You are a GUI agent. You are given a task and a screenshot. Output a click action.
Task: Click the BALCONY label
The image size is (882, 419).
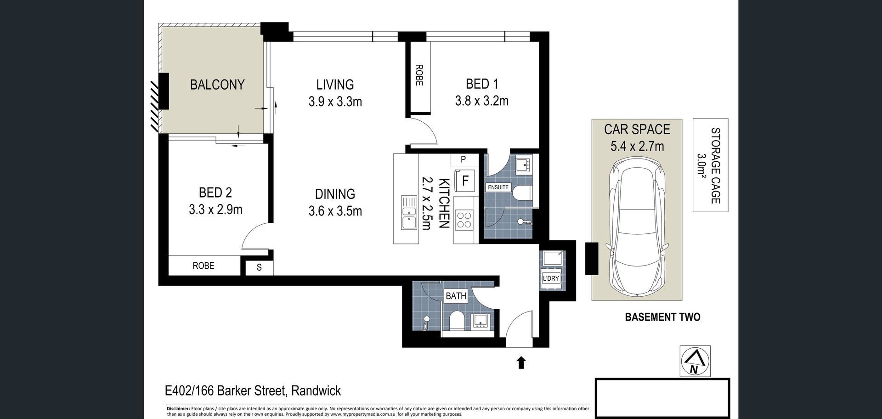point(217,85)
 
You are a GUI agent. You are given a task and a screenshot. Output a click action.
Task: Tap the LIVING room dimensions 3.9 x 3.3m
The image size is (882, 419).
point(335,101)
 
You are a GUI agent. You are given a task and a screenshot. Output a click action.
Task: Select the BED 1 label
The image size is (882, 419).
point(482,84)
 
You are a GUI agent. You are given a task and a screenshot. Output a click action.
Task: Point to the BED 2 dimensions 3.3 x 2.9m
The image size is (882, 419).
point(215,209)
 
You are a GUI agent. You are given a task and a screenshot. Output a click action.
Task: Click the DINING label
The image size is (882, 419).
point(335,194)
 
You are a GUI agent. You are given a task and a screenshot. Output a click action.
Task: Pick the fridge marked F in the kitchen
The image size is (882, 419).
point(465,180)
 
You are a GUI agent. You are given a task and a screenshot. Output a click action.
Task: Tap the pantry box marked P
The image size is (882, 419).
point(463,159)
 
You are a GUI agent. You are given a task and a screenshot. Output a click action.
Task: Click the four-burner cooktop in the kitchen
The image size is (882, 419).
point(465,220)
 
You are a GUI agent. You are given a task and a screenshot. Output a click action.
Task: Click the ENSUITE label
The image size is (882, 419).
point(498,187)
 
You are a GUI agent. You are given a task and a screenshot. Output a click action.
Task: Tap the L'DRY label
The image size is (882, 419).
point(551,278)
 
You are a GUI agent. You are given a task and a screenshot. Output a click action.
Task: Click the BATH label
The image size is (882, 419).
point(456,296)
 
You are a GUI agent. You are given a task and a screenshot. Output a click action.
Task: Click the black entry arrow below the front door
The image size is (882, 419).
point(521,362)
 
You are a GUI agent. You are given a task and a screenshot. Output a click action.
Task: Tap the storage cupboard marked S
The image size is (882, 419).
point(259,267)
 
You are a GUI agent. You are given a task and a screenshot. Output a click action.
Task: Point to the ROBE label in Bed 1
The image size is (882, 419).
point(418,75)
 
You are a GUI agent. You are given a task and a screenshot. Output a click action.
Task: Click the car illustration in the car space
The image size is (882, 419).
point(637,227)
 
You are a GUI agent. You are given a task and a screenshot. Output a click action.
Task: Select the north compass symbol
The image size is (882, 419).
point(695,361)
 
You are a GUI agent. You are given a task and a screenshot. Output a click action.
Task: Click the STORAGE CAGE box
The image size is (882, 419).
point(711,165)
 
